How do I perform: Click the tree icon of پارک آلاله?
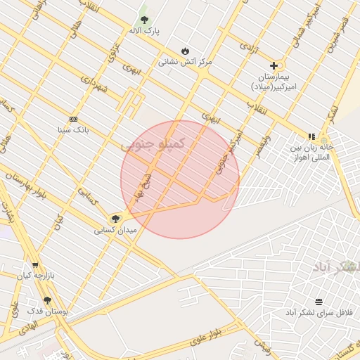point(144,20)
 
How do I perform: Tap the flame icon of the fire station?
point(185,51)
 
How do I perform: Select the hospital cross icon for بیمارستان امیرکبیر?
point(274,65)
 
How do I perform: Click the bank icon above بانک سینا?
point(73,119)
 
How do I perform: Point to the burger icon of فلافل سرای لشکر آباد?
point(319,301)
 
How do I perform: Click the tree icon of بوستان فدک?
point(47,300)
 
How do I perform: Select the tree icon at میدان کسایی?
point(115,219)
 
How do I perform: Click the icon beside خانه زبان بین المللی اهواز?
point(311,137)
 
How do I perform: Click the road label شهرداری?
point(93,89)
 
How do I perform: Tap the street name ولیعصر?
point(263,145)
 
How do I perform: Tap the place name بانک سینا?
point(73,130)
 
